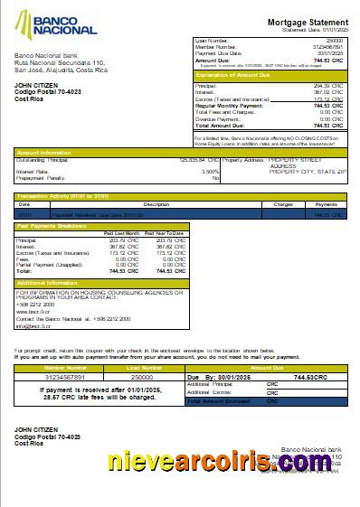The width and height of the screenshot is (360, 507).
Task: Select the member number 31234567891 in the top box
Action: pos(327,47)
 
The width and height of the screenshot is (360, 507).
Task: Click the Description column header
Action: pos(156,205)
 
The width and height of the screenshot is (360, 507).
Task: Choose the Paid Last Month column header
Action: pos(122,233)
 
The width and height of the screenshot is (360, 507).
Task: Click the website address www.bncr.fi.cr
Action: pos(33,311)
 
